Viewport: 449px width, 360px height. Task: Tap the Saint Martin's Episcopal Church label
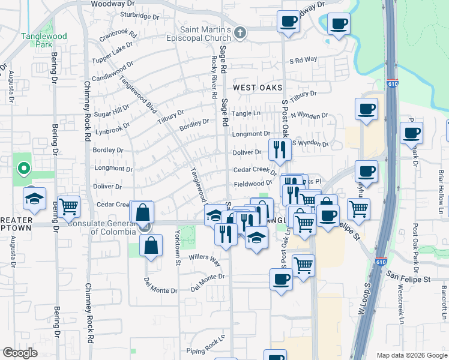point(206,34)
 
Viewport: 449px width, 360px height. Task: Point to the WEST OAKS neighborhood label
point(258,88)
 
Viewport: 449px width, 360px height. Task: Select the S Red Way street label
point(303,60)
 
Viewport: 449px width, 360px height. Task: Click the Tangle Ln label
point(247,113)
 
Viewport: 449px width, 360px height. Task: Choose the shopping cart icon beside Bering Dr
point(69,206)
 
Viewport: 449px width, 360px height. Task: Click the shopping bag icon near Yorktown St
point(151,245)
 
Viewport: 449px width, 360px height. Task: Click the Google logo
point(20,353)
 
